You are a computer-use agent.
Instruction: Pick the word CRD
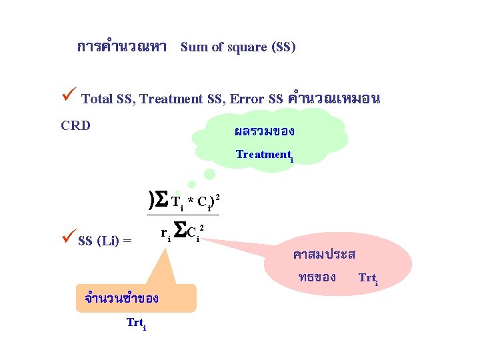click(x=75, y=125)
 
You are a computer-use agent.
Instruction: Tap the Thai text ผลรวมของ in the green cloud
click(x=265, y=131)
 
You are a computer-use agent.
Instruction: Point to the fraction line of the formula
click(x=182, y=215)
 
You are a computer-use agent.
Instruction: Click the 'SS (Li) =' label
click(x=105, y=241)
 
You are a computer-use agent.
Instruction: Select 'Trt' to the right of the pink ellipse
click(x=368, y=277)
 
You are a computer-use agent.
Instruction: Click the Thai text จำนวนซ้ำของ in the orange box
click(x=121, y=299)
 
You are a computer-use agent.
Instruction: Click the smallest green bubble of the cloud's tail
click(x=192, y=185)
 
